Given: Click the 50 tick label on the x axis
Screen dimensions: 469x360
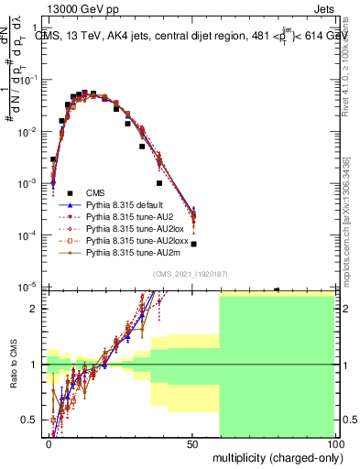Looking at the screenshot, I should pos(192,443).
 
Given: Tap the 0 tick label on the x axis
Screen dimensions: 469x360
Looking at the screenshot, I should pos(49,443).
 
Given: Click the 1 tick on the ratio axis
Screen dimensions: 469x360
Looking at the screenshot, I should pos(36,365).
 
